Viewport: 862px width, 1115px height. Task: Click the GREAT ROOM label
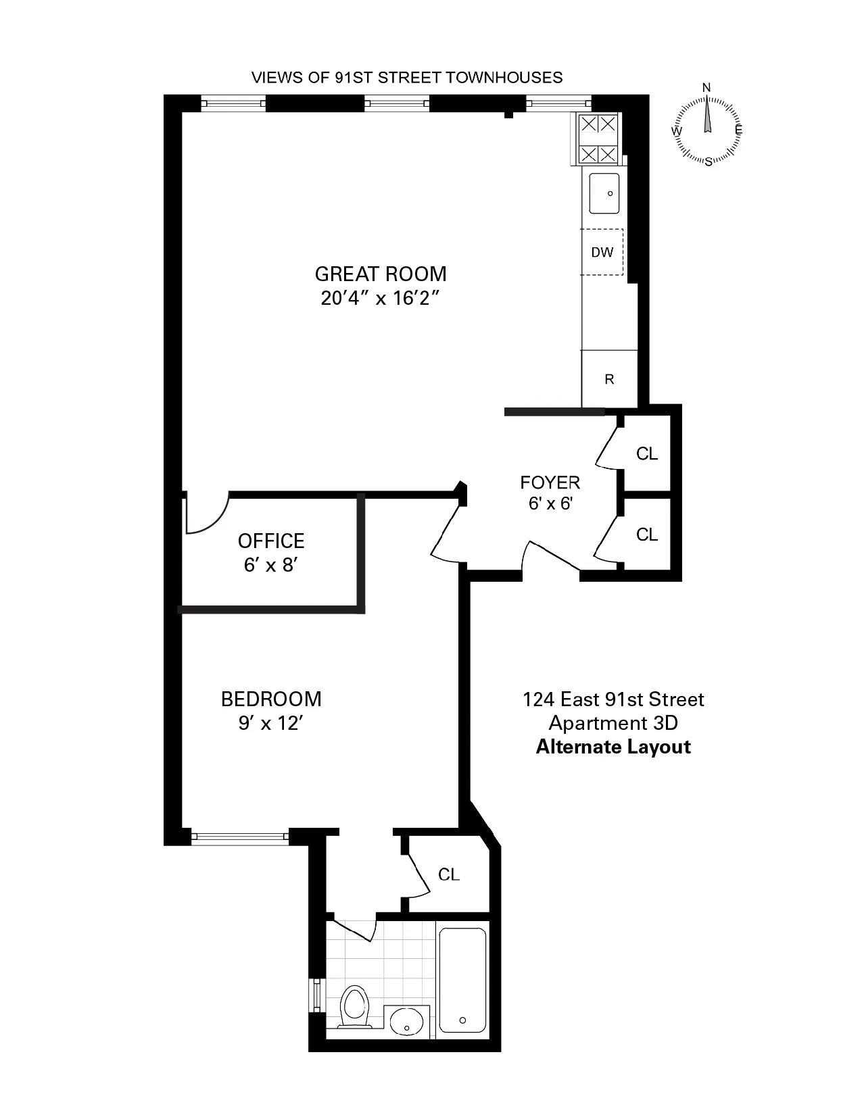[x=380, y=274]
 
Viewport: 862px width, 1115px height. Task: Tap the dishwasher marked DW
[x=602, y=252]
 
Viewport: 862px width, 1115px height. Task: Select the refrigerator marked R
[x=609, y=379]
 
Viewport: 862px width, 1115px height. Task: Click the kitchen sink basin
[x=604, y=193]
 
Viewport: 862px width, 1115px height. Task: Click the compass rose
[x=708, y=129]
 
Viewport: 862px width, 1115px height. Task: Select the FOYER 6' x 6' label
[x=550, y=493]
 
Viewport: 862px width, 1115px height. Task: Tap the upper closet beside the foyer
[x=646, y=453]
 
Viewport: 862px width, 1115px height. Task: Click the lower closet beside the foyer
[x=646, y=535]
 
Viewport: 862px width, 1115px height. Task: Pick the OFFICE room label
[x=271, y=541]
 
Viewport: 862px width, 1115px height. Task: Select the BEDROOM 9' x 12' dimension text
[x=270, y=723]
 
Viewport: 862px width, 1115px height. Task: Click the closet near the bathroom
[x=449, y=874]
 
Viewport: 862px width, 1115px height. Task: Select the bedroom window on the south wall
[x=240, y=837]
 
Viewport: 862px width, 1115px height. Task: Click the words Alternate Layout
[x=613, y=747]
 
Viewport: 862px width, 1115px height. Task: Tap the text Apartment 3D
[x=613, y=723]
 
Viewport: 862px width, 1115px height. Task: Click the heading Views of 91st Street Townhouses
[x=407, y=77]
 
